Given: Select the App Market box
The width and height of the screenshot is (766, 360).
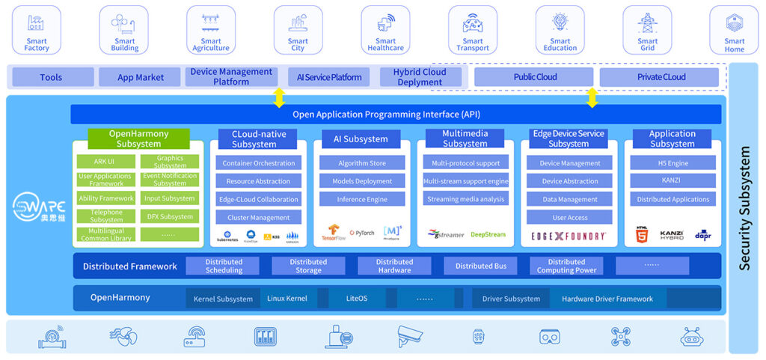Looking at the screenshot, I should pyautogui.click(x=140, y=77).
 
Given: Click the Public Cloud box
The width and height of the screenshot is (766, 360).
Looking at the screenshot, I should pyautogui.click(x=536, y=77).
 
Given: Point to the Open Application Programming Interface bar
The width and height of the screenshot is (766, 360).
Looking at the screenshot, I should pyautogui.click(x=396, y=115).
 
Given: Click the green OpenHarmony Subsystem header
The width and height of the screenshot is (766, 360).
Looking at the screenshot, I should pyautogui.click(x=138, y=138).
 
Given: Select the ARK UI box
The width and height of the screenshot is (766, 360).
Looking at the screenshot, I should pyautogui.click(x=106, y=161).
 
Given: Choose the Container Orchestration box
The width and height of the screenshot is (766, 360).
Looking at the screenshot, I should pyautogui.click(x=259, y=163).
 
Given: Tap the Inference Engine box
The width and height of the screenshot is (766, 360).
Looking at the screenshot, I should pyautogui.click(x=361, y=199).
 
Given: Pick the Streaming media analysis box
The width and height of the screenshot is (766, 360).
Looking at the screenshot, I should pyautogui.click(x=465, y=199).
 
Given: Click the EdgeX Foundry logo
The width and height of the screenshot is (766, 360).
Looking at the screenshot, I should pyautogui.click(x=568, y=235).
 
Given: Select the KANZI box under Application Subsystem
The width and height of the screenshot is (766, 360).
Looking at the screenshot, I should pyautogui.click(x=671, y=181).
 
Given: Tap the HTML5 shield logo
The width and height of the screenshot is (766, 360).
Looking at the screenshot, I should pyautogui.click(x=641, y=234).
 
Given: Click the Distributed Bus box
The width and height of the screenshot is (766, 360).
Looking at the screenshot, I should pyautogui.click(x=480, y=266).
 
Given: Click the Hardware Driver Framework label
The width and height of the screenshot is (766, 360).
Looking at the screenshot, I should pyautogui.click(x=607, y=299).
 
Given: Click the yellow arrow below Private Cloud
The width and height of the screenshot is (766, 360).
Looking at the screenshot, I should pyautogui.click(x=592, y=97).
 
